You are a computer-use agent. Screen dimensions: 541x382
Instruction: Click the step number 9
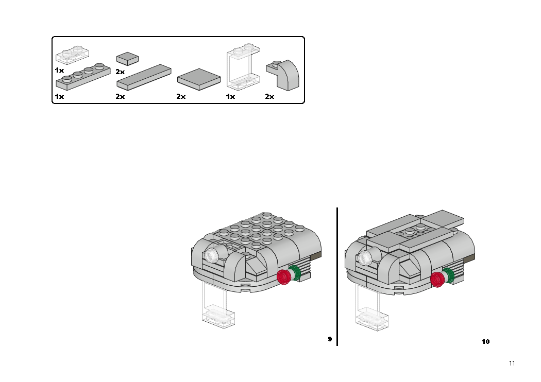(330, 339)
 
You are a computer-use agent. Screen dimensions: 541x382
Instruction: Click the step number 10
(485, 342)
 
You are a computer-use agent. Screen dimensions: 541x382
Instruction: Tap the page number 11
(512, 363)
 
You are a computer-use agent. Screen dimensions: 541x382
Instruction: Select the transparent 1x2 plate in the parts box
(73, 55)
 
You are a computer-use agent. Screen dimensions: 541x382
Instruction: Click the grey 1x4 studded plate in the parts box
(83, 77)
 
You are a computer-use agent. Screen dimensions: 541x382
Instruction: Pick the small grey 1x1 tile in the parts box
(127, 59)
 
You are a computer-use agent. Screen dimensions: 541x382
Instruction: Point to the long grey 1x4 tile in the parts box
(144, 77)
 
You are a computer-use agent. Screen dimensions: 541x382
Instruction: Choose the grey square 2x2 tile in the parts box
(199, 79)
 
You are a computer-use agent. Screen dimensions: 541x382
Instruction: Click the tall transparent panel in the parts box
(243, 67)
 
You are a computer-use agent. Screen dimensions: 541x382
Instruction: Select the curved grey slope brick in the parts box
(283, 75)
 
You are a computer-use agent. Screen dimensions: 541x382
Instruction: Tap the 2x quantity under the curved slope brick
(269, 97)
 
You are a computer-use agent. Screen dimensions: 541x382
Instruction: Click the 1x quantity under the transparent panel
(230, 97)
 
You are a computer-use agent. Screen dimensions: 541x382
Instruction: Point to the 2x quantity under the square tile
(181, 97)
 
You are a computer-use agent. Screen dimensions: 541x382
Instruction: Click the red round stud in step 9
(284, 277)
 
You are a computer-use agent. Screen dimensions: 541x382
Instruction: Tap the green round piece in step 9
(296, 272)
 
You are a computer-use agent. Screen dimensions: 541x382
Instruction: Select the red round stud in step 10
(437, 279)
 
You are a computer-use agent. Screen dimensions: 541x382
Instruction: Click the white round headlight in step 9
(211, 255)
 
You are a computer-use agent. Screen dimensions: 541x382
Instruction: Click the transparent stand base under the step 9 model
(218, 317)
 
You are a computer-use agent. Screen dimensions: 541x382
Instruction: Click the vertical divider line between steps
(337, 276)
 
